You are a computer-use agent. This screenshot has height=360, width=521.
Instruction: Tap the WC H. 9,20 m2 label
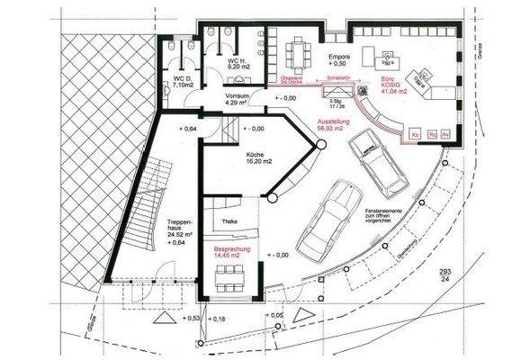coord(217,62)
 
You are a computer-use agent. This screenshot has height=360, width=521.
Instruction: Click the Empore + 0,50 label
coord(339,59)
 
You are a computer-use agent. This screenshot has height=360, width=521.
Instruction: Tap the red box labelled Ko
coord(415,134)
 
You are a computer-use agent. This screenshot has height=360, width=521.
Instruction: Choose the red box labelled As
coord(447,134)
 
